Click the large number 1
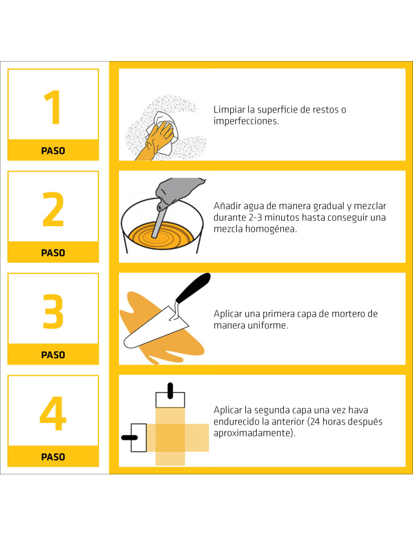click(x=53, y=107)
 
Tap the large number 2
click(x=53, y=209)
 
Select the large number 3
click(x=53, y=311)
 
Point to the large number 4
click(x=53, y=414)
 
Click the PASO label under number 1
click(x=53, y=151)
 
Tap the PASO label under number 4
click(x=53, y=457)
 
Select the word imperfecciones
click(x=246, y=121)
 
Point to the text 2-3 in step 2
click(x=255, y=218)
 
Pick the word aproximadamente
click(x=253, y=433)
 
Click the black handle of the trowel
click(x=193, y=288)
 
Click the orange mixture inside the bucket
click(x=162, y=236)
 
